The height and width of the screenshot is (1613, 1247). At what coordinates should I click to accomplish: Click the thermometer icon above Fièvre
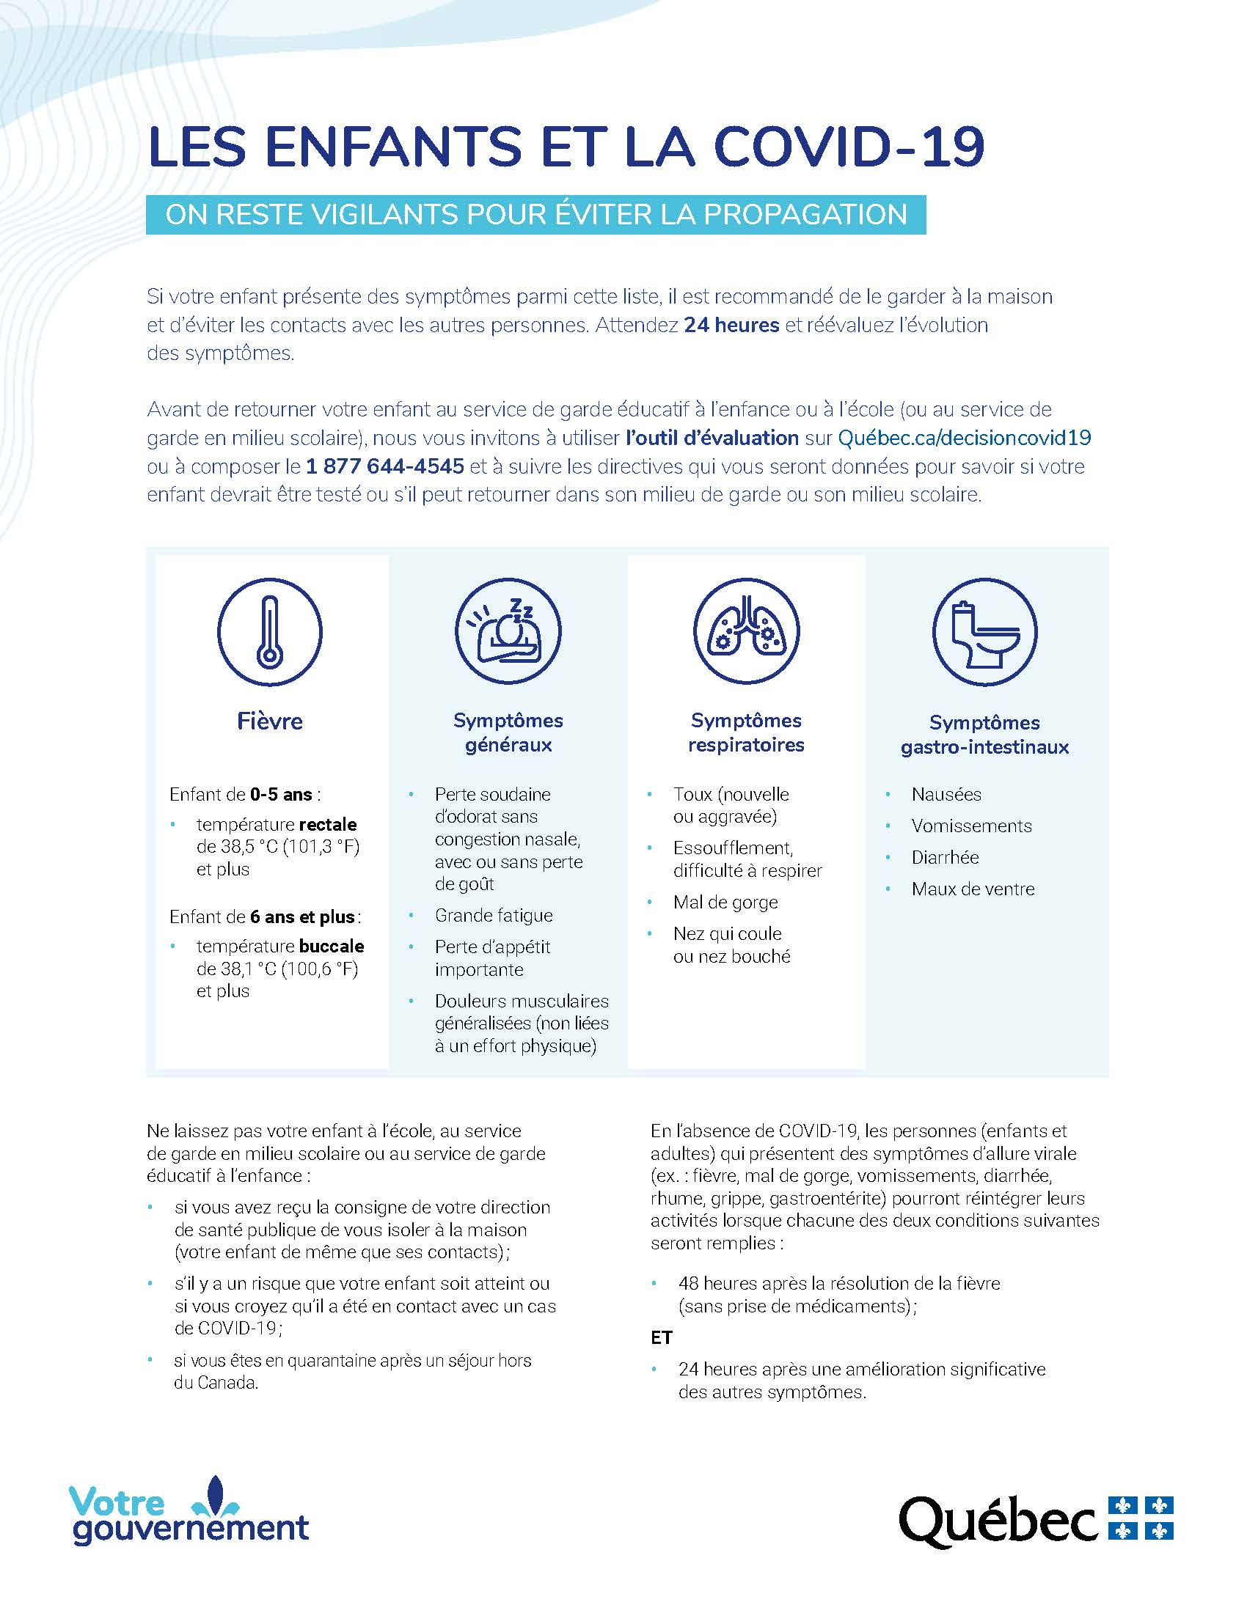269,632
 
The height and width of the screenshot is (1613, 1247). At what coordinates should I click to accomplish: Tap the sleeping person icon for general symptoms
508,632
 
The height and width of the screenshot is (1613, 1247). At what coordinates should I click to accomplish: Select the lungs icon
746,632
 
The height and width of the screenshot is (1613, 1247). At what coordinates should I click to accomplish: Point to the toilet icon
984,632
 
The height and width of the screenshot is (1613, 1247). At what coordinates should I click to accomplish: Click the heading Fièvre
270,721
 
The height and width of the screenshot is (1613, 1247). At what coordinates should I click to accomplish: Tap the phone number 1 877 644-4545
385,466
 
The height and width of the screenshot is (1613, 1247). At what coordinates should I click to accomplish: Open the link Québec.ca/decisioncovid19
964,438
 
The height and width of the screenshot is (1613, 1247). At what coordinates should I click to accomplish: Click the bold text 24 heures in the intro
731,325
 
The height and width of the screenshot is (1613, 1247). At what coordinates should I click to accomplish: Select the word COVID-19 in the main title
849,147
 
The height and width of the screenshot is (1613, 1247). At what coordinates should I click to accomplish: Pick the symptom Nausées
946,795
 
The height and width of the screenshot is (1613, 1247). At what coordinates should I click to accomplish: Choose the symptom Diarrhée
945,858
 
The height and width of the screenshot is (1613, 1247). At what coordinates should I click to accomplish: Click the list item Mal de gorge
725,902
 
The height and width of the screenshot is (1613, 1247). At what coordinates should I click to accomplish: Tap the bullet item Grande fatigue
494,915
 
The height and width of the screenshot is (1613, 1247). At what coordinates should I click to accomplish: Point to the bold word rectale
327,824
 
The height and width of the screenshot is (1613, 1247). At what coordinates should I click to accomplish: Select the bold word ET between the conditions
661,1337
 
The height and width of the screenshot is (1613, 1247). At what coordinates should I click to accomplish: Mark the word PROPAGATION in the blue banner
805,215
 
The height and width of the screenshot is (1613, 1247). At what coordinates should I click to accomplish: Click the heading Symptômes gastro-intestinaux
984,735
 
